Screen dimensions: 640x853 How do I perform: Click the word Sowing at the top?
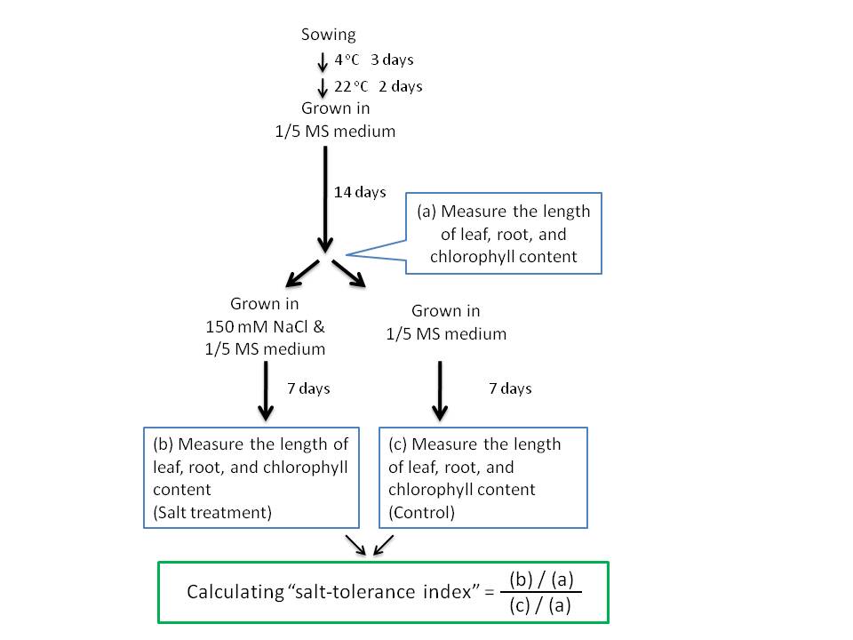point(328,35)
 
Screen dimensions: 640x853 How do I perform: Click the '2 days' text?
point(400,86)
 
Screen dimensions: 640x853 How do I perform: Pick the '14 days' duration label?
point(360,192)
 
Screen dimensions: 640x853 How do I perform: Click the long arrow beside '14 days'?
point(324,196)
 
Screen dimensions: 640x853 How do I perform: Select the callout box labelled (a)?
point(503,234)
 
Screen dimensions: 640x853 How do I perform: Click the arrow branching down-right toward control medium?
point(349,274)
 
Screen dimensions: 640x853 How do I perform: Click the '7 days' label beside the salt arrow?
point(308,388)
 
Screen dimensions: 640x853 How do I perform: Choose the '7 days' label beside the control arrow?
point(510,388)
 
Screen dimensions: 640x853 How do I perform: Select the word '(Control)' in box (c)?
point(421,512)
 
